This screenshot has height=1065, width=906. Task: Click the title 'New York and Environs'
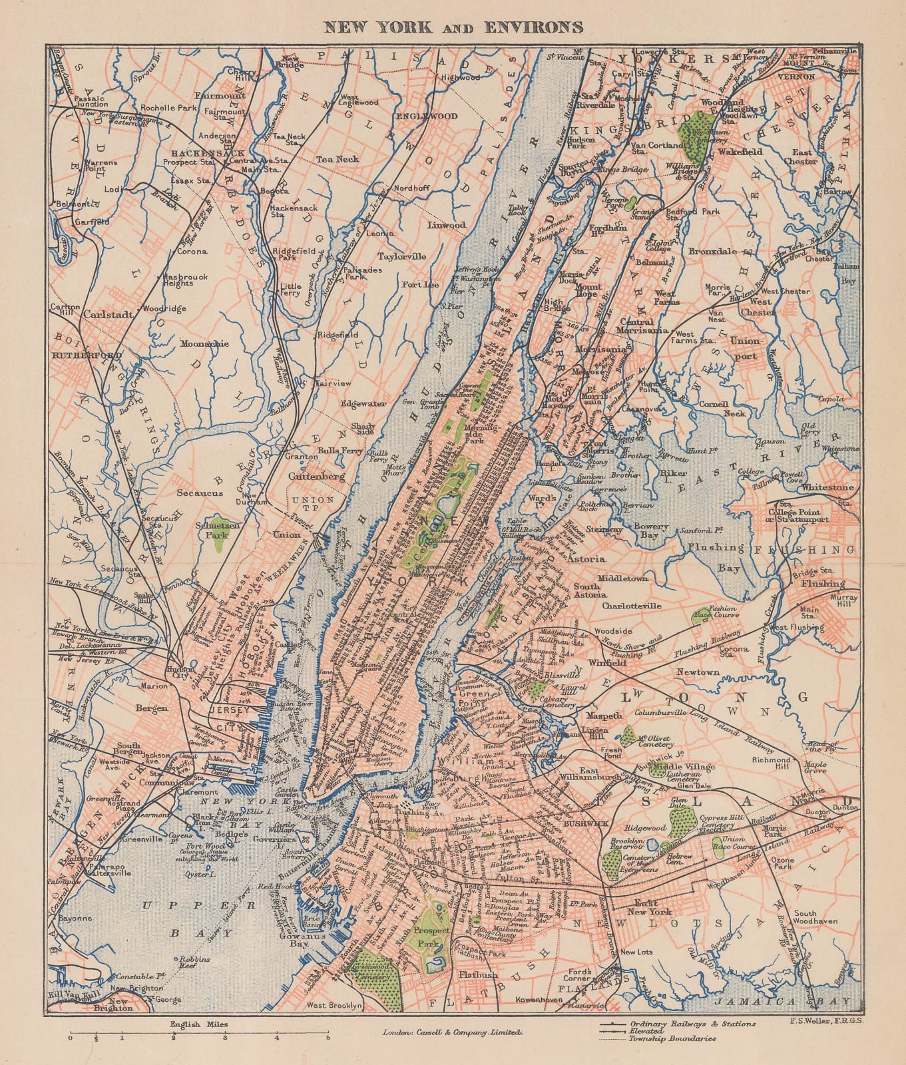click(x=453, y=27)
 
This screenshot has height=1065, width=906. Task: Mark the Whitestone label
click(x=827, y=487)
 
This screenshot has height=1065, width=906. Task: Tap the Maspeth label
click(x=604, y=716)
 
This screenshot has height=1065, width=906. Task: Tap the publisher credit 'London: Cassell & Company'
click(x=452, y=1033)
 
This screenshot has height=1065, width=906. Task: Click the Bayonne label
click(x=75, y=919)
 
